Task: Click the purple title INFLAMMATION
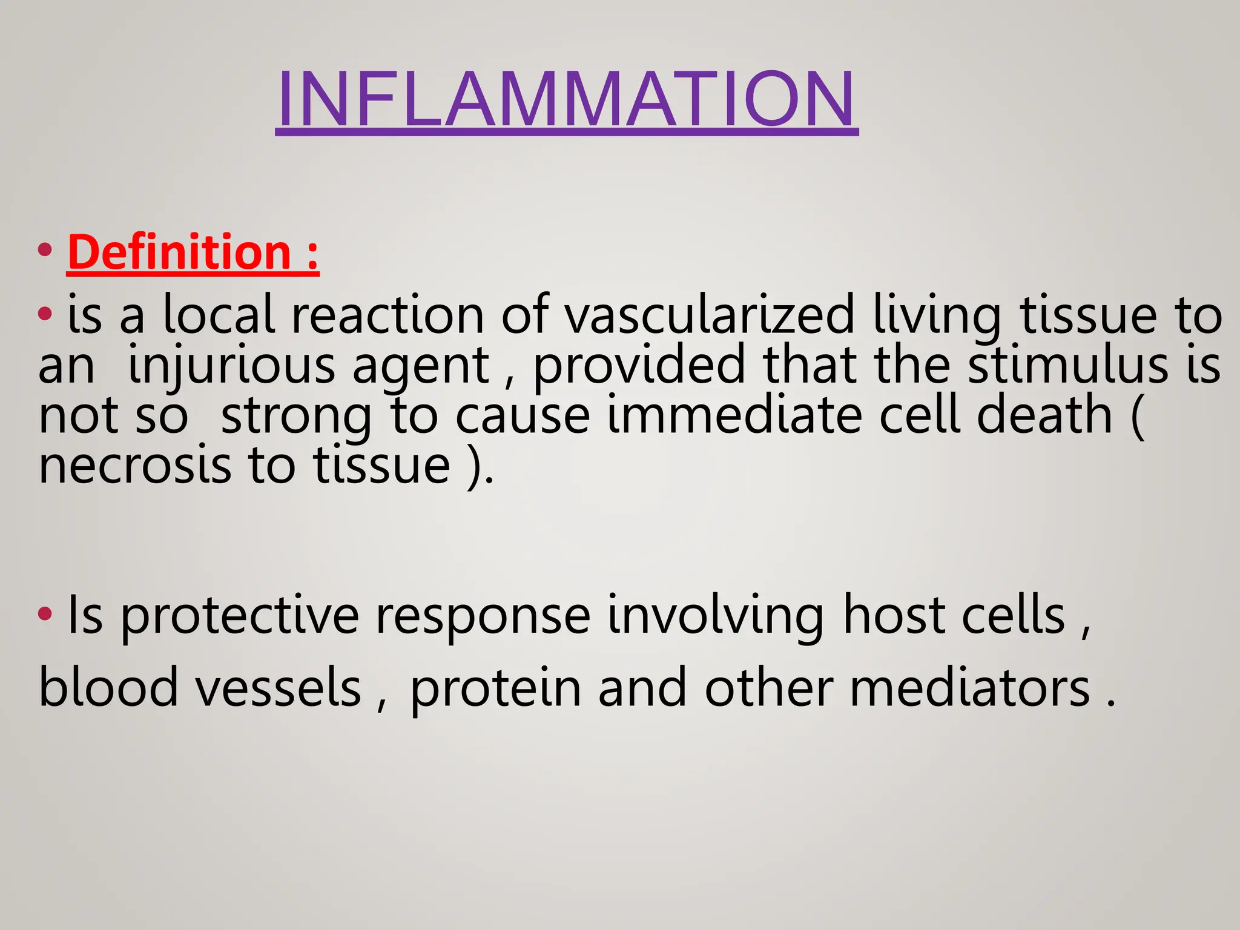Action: [566, 99]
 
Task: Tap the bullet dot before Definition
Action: [45, 250]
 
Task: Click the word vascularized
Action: [710, 315]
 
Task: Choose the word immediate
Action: [734, 415]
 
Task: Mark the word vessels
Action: [278, 688]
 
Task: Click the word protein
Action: [495, 688]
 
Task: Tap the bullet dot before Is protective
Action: [45, 614]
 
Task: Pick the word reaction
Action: [388, 315]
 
